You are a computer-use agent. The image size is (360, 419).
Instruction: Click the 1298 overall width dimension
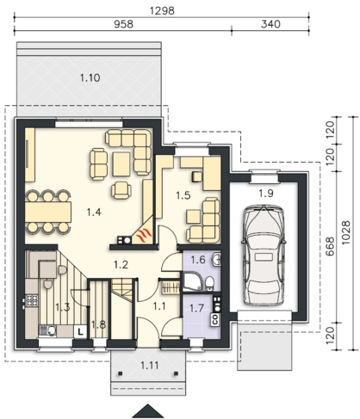(x=162, y=10)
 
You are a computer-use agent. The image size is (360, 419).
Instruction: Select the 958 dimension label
(x=124, y=24)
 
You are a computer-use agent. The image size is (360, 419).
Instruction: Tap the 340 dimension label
(x=270, y=24)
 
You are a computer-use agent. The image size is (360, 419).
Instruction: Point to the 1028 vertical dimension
(x=346, y=232)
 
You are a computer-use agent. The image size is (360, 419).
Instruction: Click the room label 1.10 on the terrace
(x=90, y=77)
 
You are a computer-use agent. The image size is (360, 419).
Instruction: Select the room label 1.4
(x=94, y=213)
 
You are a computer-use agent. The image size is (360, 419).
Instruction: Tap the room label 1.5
(x=183, y=195)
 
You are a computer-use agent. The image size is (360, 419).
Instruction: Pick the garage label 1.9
(x=266, y=194)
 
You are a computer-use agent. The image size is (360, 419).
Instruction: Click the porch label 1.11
(x=150, y=366)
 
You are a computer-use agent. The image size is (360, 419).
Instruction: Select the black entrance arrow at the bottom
(x=148, y=411)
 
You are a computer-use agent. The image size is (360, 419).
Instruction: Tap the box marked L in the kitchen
(x=81, y=332)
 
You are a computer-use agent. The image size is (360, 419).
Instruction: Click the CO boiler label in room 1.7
(x=215, y=319)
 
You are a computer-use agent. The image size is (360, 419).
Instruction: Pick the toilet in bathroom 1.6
(x=210, y=283)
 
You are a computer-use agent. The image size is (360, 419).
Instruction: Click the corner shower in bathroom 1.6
(x=192, y=282)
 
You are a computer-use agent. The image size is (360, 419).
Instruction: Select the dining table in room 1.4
(x=48, y=212)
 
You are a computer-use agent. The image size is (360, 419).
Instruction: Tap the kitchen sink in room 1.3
(x=48, y=330)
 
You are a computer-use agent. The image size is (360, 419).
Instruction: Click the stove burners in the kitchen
(x=32, y=300)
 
